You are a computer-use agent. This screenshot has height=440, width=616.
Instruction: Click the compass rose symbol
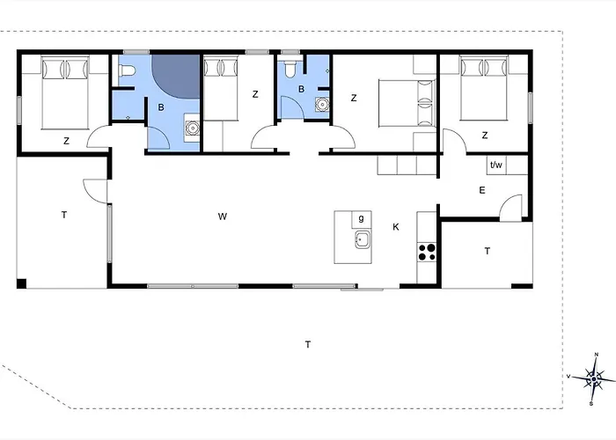(x=594, y=378)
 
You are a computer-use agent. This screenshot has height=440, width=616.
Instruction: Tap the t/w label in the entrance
(x=496, y=165)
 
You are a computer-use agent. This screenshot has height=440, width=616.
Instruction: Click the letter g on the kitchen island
(x=361, y=218)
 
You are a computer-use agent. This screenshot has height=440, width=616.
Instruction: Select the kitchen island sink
(x=362, y=239)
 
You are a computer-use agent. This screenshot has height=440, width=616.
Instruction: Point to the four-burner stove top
(x=427, y=252)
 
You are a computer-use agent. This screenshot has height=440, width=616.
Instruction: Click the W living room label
(x=223, y=216)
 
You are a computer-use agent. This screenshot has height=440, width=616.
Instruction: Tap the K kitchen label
(x=396, y=227)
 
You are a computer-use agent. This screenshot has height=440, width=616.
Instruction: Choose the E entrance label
(x=482, y=191)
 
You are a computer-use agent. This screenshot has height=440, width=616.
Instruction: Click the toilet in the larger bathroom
(x=127, y=70)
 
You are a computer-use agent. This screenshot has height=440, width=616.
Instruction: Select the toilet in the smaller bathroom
(x=290, y=70)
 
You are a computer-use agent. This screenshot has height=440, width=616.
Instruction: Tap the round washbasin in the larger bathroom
(x=192, y=128)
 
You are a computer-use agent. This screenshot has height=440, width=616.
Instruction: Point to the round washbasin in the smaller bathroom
(x=322, y=105)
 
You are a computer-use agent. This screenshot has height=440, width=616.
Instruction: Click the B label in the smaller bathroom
(x=301, y=89)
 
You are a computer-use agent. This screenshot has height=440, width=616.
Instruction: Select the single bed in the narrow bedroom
(x=220, y=89)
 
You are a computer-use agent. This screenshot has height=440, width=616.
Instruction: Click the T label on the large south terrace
(x=308, y=345)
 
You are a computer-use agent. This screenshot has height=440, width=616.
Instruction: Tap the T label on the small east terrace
(x=488, y=251)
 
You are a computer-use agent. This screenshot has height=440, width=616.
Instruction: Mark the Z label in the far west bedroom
(x=66, y=141)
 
